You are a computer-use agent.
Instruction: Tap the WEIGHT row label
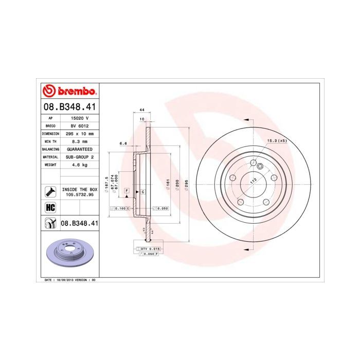pyautogui.click(x=50, y=165)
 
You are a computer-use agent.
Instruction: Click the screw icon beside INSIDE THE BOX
pyautogui.click(x=50, y=192)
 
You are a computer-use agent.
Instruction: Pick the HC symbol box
pyautogui.click(x=50, y=208)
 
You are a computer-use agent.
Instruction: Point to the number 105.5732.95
pyautogui.click(x=79, y=195)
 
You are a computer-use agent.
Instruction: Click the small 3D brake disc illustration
pyautogui.click(x=68, y=255)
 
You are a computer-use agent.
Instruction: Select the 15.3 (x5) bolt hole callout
pyautogui.click(x=276, y=140)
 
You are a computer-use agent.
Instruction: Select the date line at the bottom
pyautogui.click(x=67, y=279)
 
